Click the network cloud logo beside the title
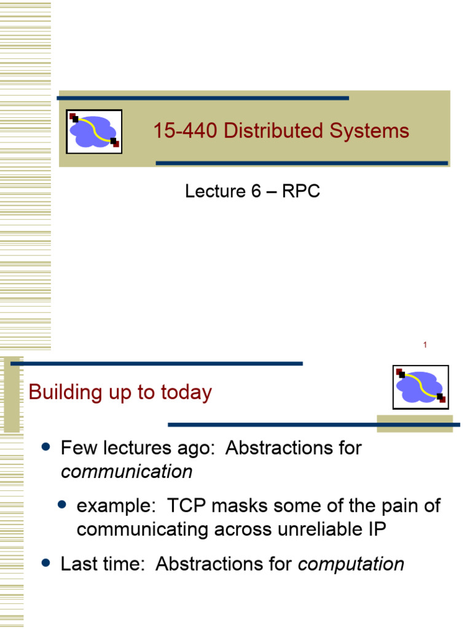point(94,131)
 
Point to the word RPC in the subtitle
point(301,192)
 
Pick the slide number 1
point(425,345)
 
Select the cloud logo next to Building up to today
point(420,387)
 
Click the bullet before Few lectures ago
point(45,447)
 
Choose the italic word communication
point(127,472)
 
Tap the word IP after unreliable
point(377,529)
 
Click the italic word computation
point(351,565)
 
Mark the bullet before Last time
point(45,564)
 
